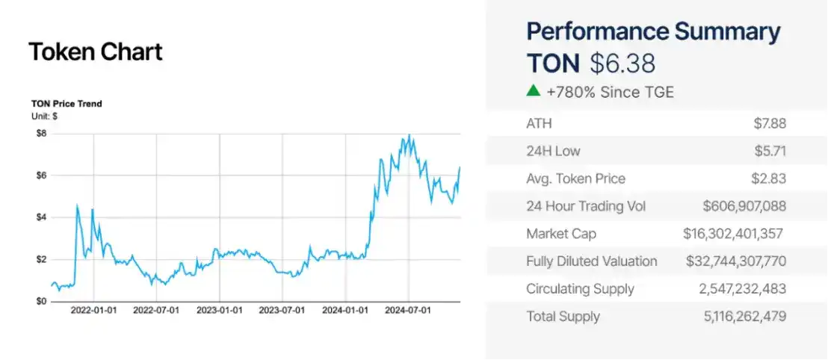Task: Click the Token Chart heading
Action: (x=95, y=52)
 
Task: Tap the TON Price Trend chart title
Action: (x=67, y=104)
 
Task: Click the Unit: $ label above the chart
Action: (x=45, y=117)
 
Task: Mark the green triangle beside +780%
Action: (x=533, y=91)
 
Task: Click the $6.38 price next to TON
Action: (x=622, y=63)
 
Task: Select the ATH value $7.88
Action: (x=770, y=124)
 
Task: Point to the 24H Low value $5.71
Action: (x=770, y=152)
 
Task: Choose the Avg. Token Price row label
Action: (x=575, y=179)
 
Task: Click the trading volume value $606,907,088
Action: (x=744, y=206)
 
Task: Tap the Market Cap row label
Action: (x=561, y=234)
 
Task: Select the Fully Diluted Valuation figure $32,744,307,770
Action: (x=735, y=261)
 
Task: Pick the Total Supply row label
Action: (x=563, y=317)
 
